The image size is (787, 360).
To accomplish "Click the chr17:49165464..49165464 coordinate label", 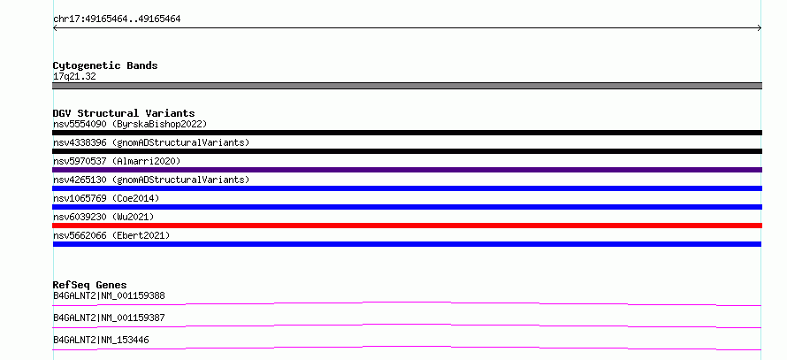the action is click(x=117, y=19).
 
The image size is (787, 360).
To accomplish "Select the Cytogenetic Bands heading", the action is click(x=105, y=65).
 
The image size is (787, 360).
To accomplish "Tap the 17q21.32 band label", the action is click(x=74, y=77).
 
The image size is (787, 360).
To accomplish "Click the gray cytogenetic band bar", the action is click(x=407, y=86).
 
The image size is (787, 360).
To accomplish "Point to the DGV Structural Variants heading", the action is click(x=124, y=113).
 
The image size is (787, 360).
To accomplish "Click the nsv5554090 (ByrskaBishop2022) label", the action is click(x=130, y=124).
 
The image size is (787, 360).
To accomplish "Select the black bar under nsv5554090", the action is click(x=407, y=133).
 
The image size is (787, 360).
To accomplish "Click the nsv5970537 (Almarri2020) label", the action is click(x=117, y=161).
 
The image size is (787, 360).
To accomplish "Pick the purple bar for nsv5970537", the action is click(x=407, y=170).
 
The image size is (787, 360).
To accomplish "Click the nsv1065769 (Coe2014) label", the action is click(x=106, y=198).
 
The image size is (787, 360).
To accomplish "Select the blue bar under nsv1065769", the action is click(x=407, y=207).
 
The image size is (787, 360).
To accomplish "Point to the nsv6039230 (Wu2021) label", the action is click(x=103, y=217).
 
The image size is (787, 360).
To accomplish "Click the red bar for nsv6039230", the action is click(x=407, y=226).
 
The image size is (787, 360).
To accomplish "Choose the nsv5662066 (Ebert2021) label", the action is click(x=111, y=235).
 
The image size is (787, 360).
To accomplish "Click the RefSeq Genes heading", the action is click(x=90, y=285).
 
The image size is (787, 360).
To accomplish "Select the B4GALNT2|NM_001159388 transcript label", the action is click(x=109, y=295).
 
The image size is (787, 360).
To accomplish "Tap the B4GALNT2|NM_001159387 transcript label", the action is click(x=109, y=318).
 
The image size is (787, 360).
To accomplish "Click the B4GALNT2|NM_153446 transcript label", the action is click(x=101, y=340).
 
